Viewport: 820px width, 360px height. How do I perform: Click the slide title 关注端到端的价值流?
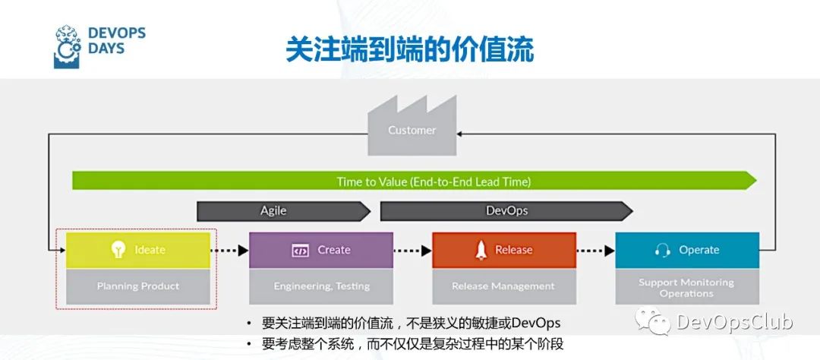(409, 49)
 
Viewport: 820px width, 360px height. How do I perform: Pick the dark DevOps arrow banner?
(506, 211)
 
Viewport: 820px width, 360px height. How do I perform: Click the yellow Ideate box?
(137, 250)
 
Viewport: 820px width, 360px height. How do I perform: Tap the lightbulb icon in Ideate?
(118, 250)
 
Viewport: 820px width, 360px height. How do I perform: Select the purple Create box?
(321, 250)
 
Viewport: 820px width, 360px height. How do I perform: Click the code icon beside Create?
(300, 250)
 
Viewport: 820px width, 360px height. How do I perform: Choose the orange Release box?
(504, 250)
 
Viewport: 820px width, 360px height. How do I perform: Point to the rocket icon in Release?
(481, 250)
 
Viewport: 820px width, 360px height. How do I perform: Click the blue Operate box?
(687, 250)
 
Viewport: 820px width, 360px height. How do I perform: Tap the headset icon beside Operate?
(662, 250)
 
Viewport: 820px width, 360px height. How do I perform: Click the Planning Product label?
(138, 286)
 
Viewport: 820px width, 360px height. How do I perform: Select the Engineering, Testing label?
(321, 286)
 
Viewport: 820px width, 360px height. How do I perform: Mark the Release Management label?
(503, 286)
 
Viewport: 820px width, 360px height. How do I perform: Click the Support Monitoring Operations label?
(686, 287)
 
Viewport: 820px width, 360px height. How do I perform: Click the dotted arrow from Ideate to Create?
(229, 250)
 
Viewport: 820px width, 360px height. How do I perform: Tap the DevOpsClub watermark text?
(733, 322)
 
